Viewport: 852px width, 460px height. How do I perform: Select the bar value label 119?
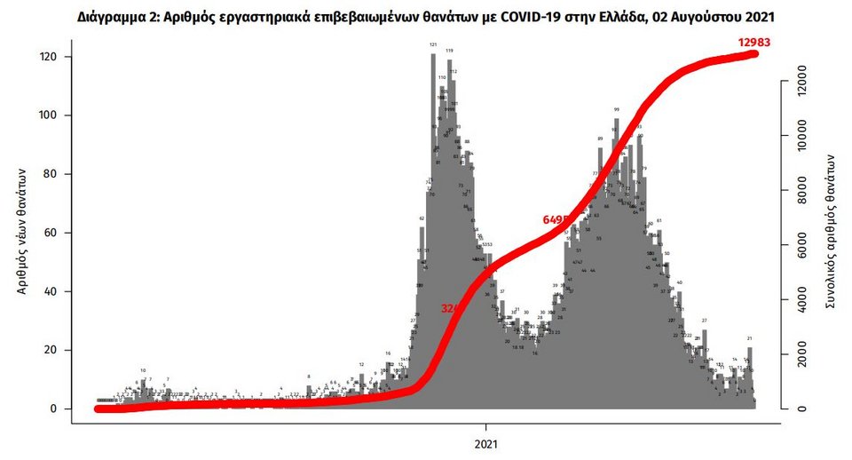click(449, 51)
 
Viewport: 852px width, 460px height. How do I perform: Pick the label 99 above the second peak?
click(616, 110)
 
